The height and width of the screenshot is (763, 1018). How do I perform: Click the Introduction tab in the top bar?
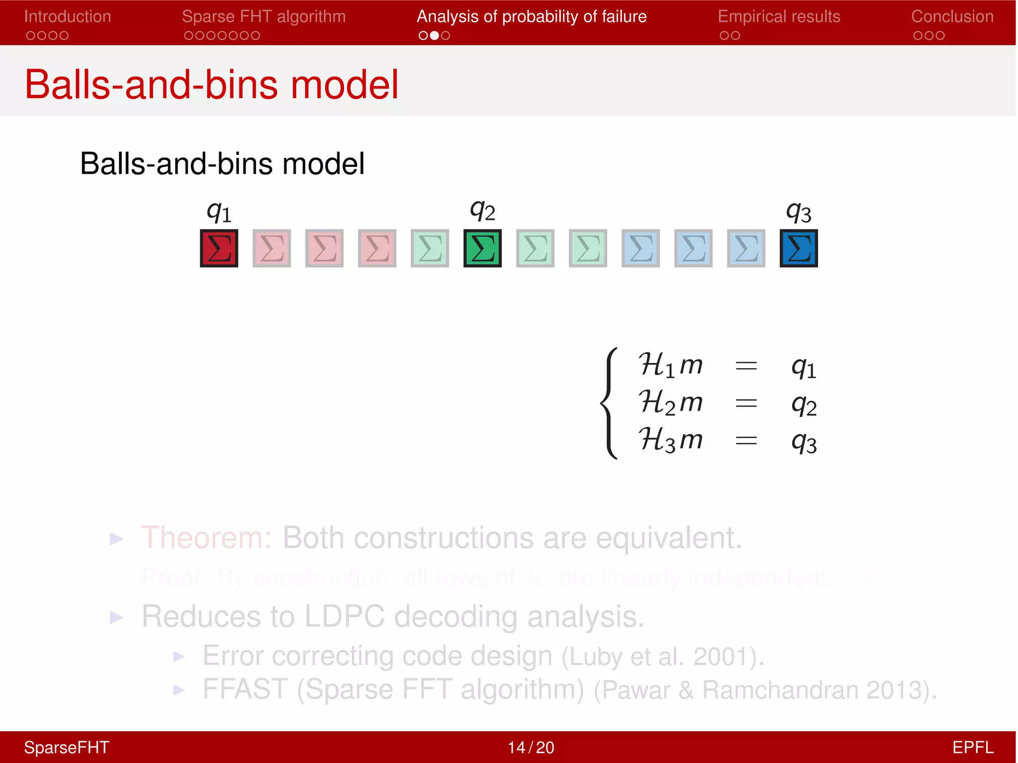[x=68, y=16]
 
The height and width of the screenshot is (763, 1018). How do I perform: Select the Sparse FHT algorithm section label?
[x=263, y=16]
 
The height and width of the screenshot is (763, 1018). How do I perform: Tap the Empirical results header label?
[x=779, y=16]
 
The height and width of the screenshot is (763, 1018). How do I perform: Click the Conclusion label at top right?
[x=952, y=16]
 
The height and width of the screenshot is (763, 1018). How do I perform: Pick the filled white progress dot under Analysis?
[x=434, y=35]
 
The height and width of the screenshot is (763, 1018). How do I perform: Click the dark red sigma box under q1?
[x=219, y=248]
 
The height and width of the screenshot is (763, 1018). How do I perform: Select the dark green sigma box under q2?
[x=483, y=248]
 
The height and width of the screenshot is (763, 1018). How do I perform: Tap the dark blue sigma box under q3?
[x=798, y=248]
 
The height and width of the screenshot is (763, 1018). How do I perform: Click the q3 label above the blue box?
[x=798, y=212]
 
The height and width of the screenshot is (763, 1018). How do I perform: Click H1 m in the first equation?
[x=670, y=365]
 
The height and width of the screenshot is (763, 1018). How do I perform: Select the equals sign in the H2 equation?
[x=746, y=403]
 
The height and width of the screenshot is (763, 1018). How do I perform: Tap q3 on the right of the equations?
[x=804, y=441]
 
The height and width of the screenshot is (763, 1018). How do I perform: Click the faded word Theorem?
[x=206, y=537]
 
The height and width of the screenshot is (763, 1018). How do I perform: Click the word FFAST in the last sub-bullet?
[x=245, y=689]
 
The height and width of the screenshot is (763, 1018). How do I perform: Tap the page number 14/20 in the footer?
[x=531, y=747]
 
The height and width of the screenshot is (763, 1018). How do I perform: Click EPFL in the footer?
[x=972, y=747]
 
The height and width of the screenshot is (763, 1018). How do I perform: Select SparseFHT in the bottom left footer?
[x=67, y=747]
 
